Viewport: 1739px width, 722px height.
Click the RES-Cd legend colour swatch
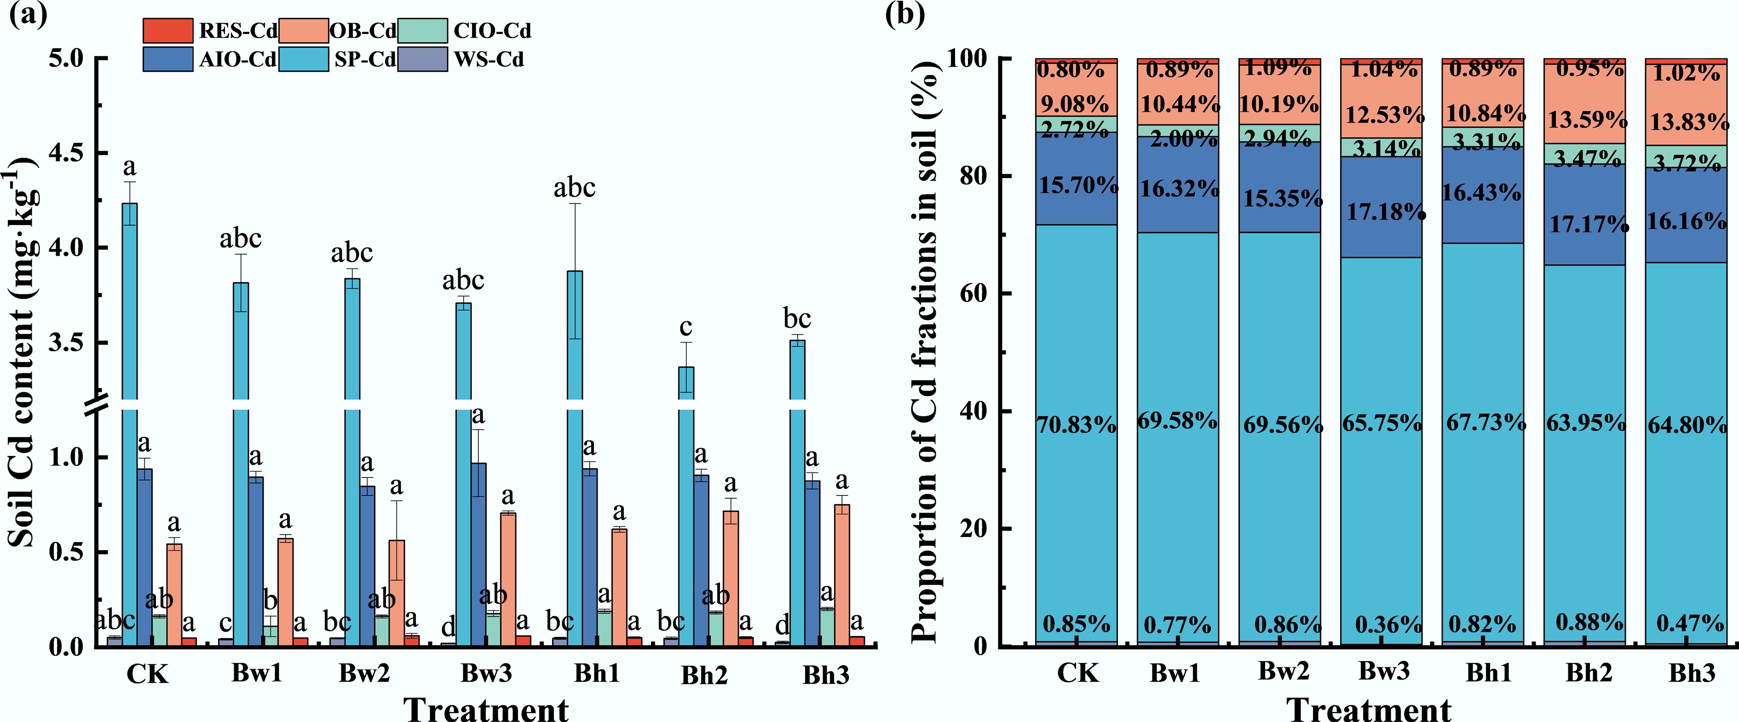click(167, 30)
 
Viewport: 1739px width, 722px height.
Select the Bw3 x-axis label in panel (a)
click(486, 673)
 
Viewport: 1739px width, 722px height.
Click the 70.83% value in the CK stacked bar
click(1076, 425)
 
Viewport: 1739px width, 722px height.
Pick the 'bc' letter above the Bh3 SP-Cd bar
click(797, 318)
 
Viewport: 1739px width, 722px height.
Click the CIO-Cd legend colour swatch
click(423, 30)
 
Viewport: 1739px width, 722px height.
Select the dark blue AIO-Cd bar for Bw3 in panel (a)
click(478, 554)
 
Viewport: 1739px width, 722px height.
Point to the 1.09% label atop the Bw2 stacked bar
click(1278, 68)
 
